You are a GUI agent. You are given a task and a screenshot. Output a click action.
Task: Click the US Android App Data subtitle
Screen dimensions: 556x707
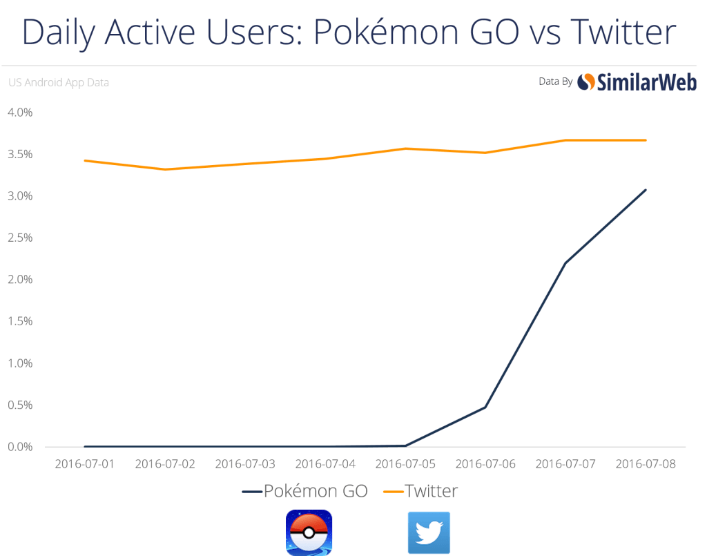[x=59, y=83]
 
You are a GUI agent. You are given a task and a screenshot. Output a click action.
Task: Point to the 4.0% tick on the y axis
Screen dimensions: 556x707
[x=21, y=112]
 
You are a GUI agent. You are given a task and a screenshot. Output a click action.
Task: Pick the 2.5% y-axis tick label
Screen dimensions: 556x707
[x=21, y=238]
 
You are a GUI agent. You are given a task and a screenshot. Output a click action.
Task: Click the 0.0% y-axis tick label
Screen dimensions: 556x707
[x=21, y=447]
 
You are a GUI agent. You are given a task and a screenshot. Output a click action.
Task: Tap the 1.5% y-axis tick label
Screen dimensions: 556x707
[x=21, y=321]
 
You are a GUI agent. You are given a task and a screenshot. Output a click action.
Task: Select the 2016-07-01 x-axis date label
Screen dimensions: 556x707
[x=84, y=463]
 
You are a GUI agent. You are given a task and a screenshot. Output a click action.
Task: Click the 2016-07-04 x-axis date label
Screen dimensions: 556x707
[x=325, y=463]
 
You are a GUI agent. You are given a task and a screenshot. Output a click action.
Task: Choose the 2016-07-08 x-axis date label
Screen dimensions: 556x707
[x=646, y=463]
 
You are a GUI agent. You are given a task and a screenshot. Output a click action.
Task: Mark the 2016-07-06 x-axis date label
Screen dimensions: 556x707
[x=485, y=463]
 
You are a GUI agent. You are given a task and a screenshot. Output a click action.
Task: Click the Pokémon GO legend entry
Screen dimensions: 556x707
[x=304, y=492]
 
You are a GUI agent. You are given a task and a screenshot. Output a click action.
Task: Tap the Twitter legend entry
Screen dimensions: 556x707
[x=421, y=492]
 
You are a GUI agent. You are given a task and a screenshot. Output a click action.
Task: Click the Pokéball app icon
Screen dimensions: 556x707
[x=309, y=532]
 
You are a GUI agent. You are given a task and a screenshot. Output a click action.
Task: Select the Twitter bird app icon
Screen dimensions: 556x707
[x=429, y=533]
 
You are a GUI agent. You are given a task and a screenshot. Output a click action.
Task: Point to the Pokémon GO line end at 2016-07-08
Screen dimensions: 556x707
[x=646, y=189]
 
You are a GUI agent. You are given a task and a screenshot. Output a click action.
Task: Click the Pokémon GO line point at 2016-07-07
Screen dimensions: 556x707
[x=566, y=263]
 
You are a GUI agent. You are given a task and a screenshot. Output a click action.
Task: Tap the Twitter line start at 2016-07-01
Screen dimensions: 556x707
[x=84, y=160]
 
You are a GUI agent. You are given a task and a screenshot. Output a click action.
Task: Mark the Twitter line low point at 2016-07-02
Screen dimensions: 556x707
[x=164, y=169]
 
